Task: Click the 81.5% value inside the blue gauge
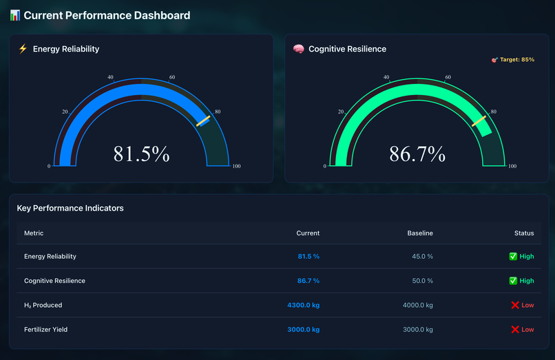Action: click(141, 153)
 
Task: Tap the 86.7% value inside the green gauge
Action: click(417, 153)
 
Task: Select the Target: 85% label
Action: click(512, 60)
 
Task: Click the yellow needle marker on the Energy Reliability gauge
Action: click(202, 120)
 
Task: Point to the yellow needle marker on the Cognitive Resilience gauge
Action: click(479, 120)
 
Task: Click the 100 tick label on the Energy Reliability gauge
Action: click(236, 166)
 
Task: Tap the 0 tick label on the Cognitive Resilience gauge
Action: click(325, 166)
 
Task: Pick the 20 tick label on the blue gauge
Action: click(65, 112)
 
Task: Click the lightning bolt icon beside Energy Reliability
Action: click(23, 49)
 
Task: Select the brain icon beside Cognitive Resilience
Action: click(299, 49)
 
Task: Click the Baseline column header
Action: click(420, 233)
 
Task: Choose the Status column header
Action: click(524, 233)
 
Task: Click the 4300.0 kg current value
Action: click(303, 305)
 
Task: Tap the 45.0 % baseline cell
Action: click(421, 256)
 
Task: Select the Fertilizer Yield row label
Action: click(46, 330)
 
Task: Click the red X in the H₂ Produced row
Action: click(515, 305)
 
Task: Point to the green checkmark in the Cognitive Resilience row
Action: click(513, 281)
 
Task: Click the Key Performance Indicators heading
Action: click(70, 208)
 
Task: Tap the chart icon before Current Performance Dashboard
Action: click(15, 15)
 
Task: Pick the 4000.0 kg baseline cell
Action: click(418, 305)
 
